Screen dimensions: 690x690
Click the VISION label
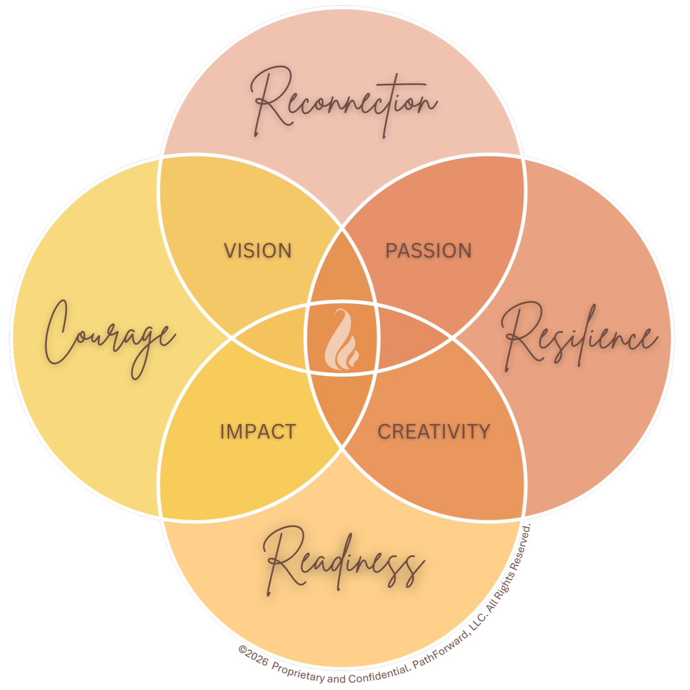point(258,251)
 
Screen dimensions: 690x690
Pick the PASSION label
point(428,251)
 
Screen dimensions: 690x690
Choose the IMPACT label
point(258,432)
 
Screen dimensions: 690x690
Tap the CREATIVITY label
point(434,432)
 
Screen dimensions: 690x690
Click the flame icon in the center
point(343,339)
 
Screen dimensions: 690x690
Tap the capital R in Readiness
point(282,556)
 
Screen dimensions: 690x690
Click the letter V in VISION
point(229,251)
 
